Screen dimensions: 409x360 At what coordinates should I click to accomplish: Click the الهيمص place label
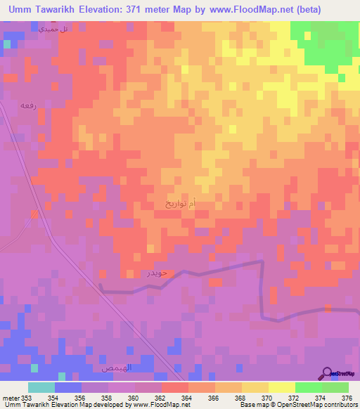[x=113, y=368]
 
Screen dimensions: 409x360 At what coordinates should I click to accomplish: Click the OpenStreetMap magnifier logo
[x=327, y=372]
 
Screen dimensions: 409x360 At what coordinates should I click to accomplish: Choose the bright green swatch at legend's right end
[x=335, y=387]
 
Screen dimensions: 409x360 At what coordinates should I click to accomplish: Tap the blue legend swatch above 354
[x=68, y=387]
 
